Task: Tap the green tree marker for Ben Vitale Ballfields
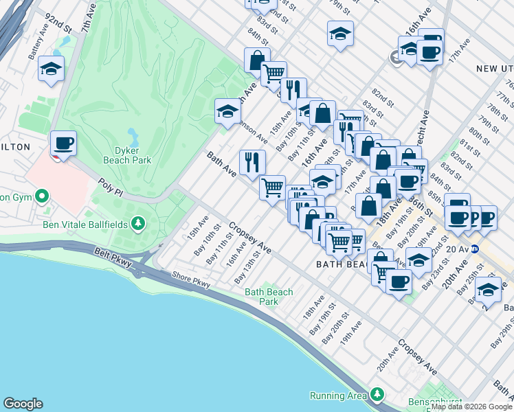point(139,223)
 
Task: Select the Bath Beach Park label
point(269,297)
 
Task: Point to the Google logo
point(23,404)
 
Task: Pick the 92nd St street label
point(58,23)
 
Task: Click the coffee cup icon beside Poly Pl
point(63,144)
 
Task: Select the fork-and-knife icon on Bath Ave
point(252,161)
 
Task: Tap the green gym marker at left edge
point(41,198)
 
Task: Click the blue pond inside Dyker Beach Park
point(132,134)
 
